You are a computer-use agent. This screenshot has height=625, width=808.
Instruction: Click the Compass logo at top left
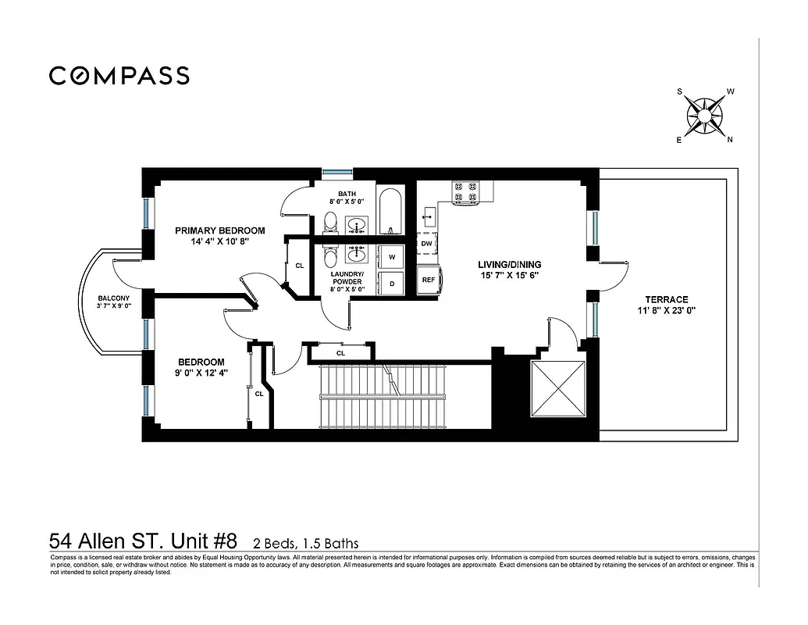[x=119, y=76]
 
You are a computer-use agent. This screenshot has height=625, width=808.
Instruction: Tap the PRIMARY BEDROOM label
[x=219, y=230]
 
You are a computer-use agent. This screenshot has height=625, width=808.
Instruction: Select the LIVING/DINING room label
[x=509, y=265]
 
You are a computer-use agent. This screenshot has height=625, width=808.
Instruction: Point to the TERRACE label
[x=666, y=299]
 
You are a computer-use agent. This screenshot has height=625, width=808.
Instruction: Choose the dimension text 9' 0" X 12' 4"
[x=201, y=373]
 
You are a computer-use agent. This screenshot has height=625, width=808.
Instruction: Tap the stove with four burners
[x=465, y=193]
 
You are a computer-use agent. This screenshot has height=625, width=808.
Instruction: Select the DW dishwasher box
[x=426, y=244]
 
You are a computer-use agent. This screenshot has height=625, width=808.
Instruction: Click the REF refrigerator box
[x=429, y=280]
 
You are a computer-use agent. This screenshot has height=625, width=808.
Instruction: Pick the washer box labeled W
[x=392, y=257]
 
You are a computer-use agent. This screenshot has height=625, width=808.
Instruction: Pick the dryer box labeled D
[x=392, y=284]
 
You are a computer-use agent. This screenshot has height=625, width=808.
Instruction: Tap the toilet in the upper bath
[x=330, y=222]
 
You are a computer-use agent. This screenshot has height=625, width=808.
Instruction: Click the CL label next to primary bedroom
[x=300, y=266]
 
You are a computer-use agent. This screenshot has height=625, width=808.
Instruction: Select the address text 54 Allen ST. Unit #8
[x=148, y=541]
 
